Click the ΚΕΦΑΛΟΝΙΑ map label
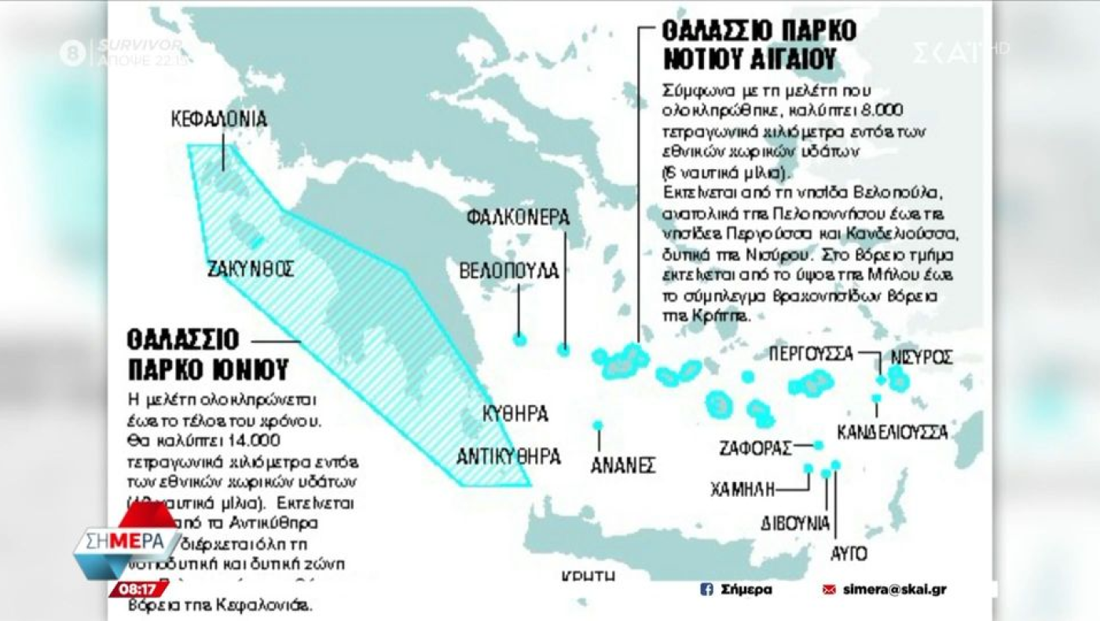tap(219, 119)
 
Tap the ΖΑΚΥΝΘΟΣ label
tap(251, 269)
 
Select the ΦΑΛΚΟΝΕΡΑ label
tap(517, 217)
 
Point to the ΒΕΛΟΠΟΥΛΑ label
tap(509, 271)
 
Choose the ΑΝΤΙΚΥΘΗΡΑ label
tap(510, 456)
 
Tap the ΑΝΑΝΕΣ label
tap(623, 465)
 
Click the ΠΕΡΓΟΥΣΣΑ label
tap(810, 353)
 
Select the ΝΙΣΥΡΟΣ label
tap(922, 357)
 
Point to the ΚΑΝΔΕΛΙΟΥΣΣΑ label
tap(892, 432)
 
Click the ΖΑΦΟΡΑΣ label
tap(755, 449)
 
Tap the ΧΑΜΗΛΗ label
tap(742, 490)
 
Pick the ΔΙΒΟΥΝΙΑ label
tap(795, 523)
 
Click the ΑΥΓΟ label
tap(849, 553)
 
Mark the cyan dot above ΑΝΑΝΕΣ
tap(598, 425)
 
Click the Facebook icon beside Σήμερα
tap(706, 589)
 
